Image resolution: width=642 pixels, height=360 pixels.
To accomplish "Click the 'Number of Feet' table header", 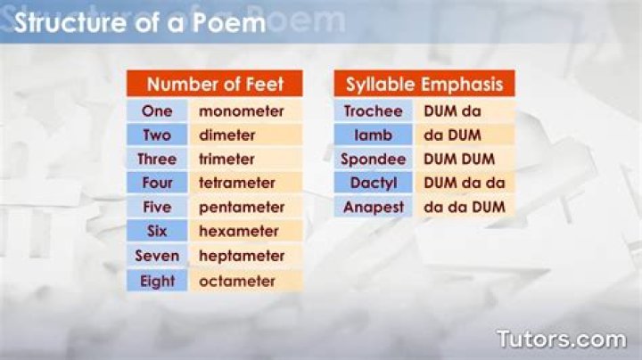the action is (215, 84).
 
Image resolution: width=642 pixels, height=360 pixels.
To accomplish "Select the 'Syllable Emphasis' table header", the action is (424, 84).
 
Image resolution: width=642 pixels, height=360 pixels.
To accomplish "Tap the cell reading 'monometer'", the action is (246, 110).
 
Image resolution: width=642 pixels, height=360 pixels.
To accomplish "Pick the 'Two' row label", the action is (157, 135).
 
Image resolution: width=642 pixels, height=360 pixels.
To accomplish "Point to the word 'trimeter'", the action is (226, 160).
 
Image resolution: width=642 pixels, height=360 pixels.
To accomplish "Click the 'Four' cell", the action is (157, 183).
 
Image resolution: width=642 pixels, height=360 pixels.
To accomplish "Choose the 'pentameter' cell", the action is (246, 207).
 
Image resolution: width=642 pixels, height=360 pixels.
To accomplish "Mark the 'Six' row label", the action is (157, 231).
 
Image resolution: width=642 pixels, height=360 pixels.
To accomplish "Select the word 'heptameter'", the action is (242, 256).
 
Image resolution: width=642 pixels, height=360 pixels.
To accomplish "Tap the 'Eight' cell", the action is (157, 281).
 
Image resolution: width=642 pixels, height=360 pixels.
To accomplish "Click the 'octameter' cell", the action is (246, 281).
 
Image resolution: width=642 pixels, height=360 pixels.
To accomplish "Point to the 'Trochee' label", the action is (373, 110).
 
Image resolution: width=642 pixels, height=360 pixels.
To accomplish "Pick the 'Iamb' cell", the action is (373, 135).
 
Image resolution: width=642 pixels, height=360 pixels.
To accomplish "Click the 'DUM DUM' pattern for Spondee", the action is (459, 160).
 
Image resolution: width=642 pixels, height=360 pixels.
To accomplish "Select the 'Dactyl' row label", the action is (373, 183).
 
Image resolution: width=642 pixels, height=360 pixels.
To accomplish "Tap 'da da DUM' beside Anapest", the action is (465, 207).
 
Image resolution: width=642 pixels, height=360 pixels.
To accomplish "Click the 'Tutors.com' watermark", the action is (562, 340).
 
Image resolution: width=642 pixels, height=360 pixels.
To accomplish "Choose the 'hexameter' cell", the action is (246, 231).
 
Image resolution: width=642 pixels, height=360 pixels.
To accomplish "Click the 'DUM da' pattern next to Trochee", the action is (452, 110).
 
